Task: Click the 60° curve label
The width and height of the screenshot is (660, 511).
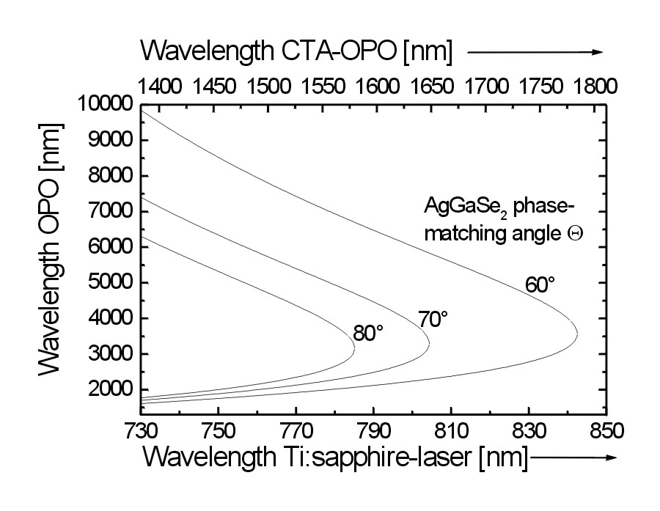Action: (x=540, y=284)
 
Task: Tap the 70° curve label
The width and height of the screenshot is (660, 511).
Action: (x=433, y=319)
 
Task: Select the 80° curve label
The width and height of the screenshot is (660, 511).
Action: (x=368, y=333)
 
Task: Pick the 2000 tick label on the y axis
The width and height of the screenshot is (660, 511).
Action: (x=109, y=390)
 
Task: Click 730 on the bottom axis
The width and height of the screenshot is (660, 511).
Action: (x=139, y=429)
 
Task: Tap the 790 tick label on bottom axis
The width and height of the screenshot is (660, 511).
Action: (x=373, y=429)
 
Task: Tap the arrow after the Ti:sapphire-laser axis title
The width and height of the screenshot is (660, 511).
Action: (x=573, y=458)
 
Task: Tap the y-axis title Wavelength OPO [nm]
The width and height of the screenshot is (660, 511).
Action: (x=50, y=249)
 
